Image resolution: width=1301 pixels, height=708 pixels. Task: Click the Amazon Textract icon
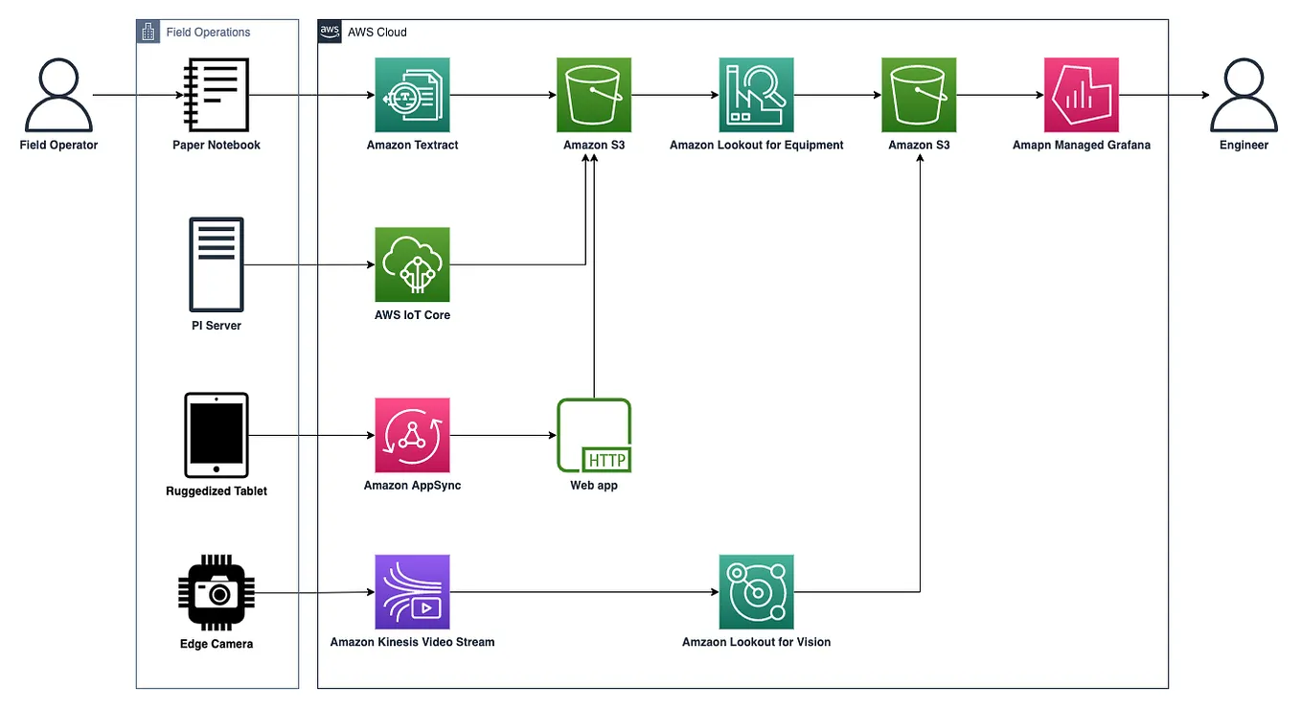point(412,95)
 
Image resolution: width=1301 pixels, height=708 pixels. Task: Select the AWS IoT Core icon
point(412,264)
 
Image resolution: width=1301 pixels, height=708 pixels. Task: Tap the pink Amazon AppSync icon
point(412,435)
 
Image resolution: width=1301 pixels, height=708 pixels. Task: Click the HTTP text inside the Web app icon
point(606,460)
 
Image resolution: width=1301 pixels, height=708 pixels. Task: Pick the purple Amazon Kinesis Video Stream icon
point(412,591)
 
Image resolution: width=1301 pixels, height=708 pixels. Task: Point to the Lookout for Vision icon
point(756,591)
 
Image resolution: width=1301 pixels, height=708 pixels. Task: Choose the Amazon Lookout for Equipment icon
point(756,95)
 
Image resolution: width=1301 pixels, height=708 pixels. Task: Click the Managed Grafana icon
point(1081,95)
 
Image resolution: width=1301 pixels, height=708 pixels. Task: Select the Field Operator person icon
point(58,95)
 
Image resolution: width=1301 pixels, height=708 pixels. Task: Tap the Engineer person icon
point(1244,95)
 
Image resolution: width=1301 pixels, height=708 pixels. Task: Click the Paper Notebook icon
point(217,95)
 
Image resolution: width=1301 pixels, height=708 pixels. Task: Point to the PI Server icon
point(217,264)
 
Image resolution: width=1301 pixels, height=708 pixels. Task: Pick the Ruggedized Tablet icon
point(217,434)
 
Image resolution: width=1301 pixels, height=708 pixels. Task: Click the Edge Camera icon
point(217,592)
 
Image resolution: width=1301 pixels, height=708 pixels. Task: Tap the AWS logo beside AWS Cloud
point(331,32)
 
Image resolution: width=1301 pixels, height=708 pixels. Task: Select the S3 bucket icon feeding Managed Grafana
point(919,95)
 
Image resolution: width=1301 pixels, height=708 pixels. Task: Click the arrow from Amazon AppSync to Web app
point(503,435)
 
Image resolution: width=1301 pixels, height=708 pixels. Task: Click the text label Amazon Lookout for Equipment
point(756,146)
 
